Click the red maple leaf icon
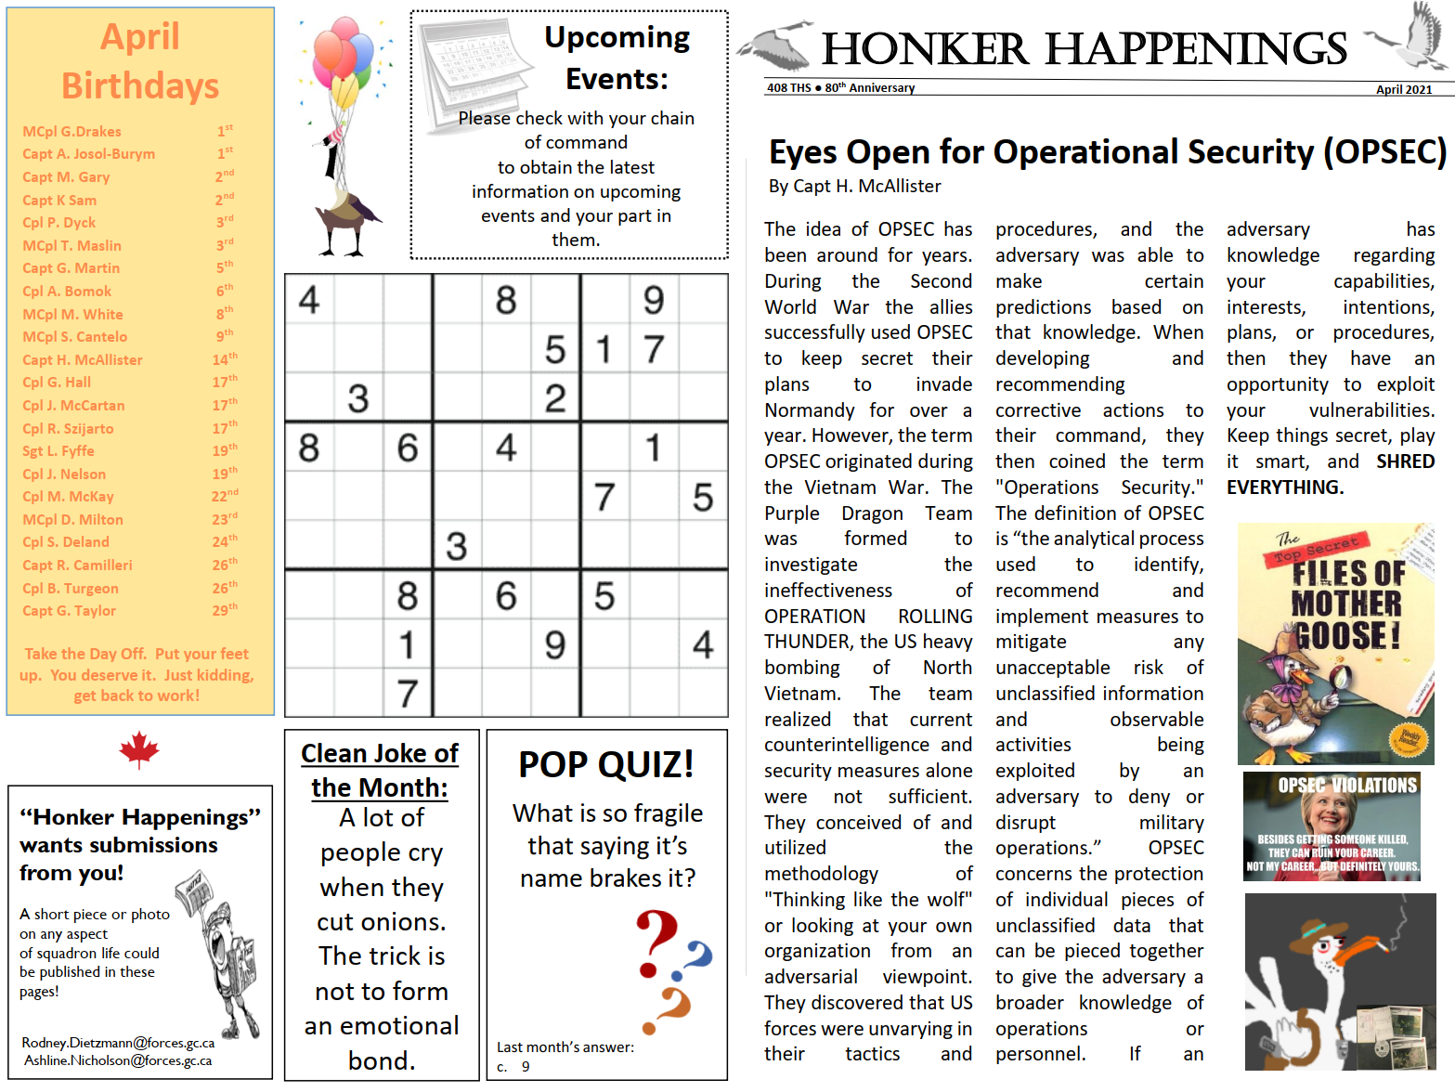coord(139,749)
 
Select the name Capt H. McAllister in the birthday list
coord(83,360)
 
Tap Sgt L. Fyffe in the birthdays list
coord(58,451)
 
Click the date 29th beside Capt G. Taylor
coord(225,611)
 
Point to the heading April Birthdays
coord(140,62)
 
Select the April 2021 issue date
coord(1403,90)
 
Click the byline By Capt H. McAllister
coord(854,187)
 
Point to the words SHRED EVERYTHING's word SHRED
coord(1405,462)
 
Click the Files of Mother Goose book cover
coord(1335,643)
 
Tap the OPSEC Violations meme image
coord(1332,826)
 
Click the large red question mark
coord(656,943)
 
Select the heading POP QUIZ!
coord(606,765)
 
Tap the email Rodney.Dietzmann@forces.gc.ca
coord(118,1043)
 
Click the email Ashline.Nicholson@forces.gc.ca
coord(118,1060)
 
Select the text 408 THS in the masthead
coord(788,88)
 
